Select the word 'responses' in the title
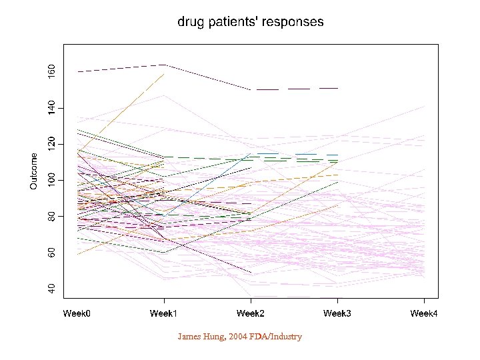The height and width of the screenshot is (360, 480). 295,22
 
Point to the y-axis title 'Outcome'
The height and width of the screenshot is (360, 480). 34,171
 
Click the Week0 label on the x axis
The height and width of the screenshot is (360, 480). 77,313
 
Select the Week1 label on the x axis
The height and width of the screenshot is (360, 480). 164,313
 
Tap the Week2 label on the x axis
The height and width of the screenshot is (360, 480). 251,313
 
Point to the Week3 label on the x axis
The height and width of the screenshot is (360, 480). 337,313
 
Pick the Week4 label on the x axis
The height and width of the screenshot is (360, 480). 424,313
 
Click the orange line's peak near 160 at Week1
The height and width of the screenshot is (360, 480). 163,75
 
